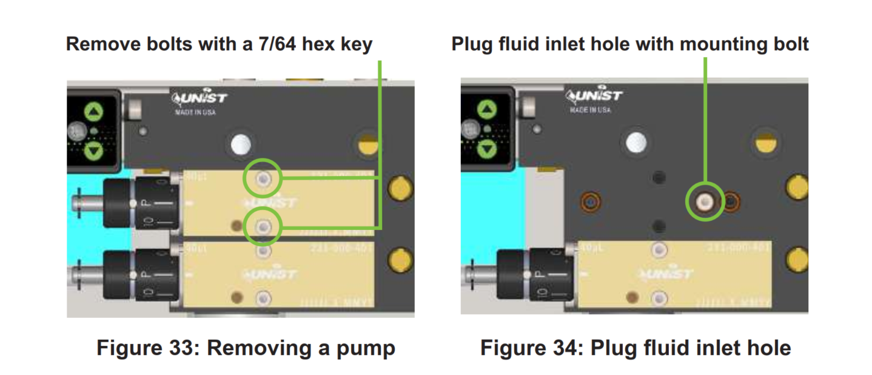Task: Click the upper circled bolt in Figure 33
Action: click(x=263, y=178)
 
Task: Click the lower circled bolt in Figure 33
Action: click(x=263, y=227)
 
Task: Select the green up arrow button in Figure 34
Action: click(x=487, y=110)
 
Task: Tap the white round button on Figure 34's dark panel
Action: click(x=636, y=141)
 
